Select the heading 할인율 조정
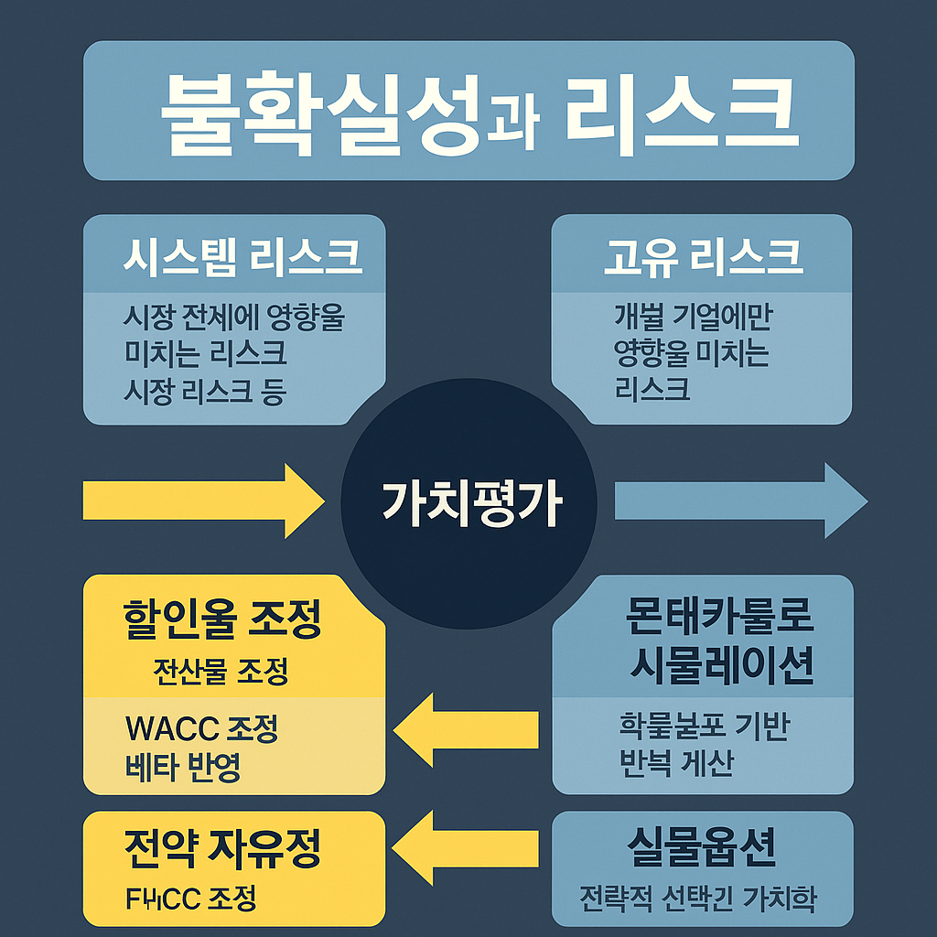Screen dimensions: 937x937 (x=221, y=621)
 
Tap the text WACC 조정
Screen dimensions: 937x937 (x=201, y=728)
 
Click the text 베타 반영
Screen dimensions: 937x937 (x=183, y=767)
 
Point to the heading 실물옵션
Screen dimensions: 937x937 (x=702, y=848)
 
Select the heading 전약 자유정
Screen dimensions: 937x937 (x=221, y=851)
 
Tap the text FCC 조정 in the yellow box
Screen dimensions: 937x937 (x=190, y=899)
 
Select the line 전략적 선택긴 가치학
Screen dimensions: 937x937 (x=698, y=899)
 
